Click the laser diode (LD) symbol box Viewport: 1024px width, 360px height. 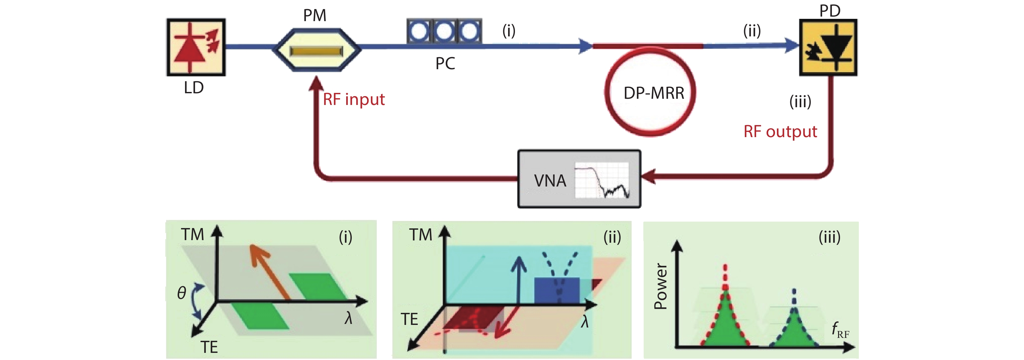point(196,47)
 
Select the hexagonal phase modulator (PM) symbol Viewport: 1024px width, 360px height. point(316,50)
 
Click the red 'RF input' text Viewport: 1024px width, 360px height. point(353,99)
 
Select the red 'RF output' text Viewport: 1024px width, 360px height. point(780,132)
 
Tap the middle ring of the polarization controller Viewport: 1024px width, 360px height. point(444,31)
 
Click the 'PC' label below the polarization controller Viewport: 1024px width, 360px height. point(445,64)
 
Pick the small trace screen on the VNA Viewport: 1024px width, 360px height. point(602,180)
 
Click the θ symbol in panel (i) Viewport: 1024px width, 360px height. point(182,293)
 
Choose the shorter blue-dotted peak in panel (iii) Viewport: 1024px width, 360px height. point(794,322)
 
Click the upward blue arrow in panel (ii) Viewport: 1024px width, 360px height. point(519,278)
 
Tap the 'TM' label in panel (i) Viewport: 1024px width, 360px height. point(192,235)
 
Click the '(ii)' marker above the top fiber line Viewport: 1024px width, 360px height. point(752,31)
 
